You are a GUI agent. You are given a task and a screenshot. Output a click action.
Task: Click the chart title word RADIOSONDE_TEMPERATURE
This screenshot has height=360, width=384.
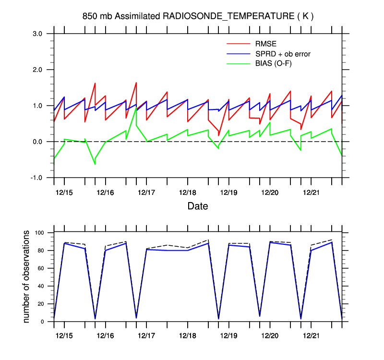point(228,16)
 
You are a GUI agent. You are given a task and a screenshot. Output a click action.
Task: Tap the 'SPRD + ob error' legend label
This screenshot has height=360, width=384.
point(282,54)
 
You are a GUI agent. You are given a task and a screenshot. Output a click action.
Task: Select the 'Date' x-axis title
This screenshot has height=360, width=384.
point(198,206)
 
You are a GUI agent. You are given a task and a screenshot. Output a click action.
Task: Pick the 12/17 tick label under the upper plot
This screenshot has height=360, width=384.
point(146,192)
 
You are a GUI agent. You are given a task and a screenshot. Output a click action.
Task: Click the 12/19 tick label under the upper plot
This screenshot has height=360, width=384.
point(228,192)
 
